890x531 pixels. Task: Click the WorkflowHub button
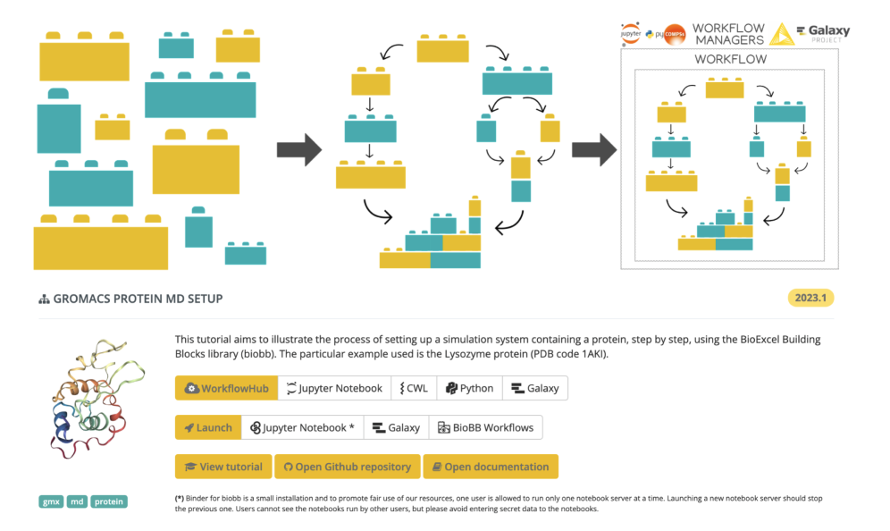pyautogui.click(x=226, y=388)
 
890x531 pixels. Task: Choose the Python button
pyautogui.click(x=469, y=388)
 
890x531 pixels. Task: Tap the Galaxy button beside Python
pyautogui.click(x=535, y=388)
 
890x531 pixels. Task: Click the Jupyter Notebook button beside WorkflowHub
pyautogui.click(x=334, y=388)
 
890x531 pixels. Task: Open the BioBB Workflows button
pyautogui.click(x=485, y=427)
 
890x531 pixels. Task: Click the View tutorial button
pyautogui.click(x=223, y=467)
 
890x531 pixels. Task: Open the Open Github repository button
pyautogui.click(x=348, y=467)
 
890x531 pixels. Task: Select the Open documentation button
pyautogui.click(x=491, y=467)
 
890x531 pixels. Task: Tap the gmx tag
pyautogui.click(x=51, y=501)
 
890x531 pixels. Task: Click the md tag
pyautogui.click(x=78, y=501)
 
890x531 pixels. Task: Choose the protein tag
pyautogui.click(x=109, y=501)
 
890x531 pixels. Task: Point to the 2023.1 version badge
pyautogui.click(x=810, y=299)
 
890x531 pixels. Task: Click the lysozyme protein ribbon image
pyautogui.click(x=85, y=402)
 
